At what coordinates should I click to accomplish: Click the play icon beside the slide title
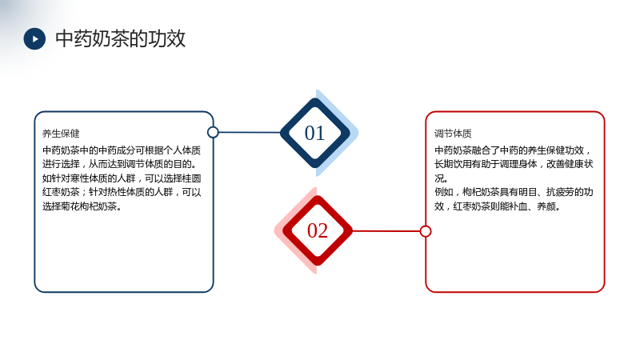(34, 38)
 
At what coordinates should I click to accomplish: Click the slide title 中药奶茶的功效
(121, 38)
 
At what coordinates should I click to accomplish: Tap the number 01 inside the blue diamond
(314, 133)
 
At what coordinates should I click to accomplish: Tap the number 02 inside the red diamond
(318, 230)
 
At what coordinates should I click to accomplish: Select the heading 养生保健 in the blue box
(61, 134)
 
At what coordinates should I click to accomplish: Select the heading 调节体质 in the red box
(453, 134)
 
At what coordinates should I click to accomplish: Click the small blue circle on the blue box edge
(213, 132)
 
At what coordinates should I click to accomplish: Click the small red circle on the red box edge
(426, 231)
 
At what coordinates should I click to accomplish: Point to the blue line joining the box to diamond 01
(250, 132)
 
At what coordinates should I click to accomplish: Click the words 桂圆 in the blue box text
(192, 178)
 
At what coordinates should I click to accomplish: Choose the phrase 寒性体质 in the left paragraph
(79, 178)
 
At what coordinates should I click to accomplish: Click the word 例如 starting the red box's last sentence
(444, 192)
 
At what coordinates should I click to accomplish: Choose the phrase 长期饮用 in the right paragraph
(453, 164)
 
